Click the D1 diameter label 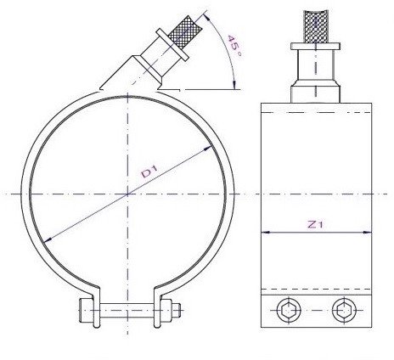149,173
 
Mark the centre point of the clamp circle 127,194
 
